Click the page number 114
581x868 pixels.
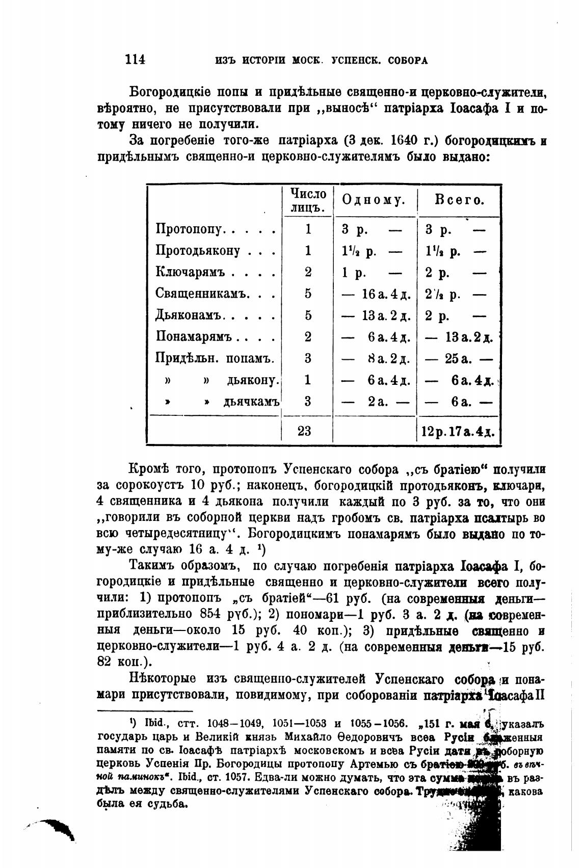coord(135,60)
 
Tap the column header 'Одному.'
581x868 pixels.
coord(373,201)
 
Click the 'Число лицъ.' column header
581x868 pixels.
coord(308,201)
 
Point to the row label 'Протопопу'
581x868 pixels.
coord(188,230)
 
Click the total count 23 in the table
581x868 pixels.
coord(304,431)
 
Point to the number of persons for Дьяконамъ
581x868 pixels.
coord(308,316)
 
